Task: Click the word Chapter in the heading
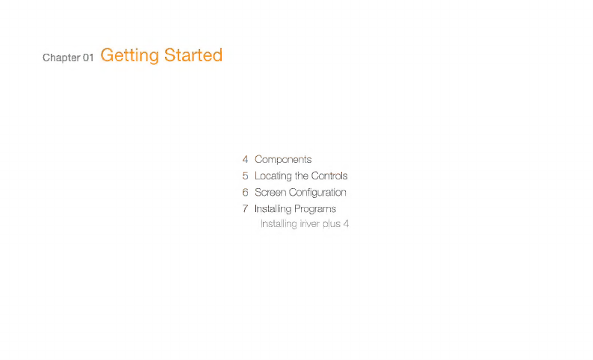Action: point(61,58)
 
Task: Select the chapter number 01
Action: point(88,58)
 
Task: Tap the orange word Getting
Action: point(130,55)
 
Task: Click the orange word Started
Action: point(193,55)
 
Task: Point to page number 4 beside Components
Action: point(245,159)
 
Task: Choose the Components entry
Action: point(283,160)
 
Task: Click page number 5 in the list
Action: point(245,176)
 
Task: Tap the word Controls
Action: point(329,176)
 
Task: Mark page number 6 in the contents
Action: point(245,193)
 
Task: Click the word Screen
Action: point(270,193)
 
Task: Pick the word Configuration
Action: point(317,193)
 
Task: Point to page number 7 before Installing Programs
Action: point(245,208)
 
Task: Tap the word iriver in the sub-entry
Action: point(309,224)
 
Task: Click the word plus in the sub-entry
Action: point(332,224)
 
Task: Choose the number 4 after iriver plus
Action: point(346,224)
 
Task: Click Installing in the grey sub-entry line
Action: point(279,224)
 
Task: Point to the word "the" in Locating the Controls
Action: point(302,176)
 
